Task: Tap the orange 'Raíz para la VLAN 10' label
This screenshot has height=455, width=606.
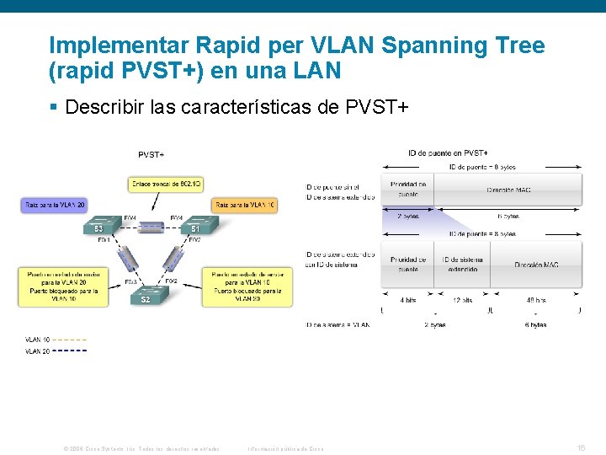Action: click(246, 204)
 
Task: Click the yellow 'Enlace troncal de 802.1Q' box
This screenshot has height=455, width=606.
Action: click(166, 183)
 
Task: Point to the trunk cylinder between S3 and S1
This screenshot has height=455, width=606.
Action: click(151, 227)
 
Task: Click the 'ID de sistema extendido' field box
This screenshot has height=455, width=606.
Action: click(461, 265)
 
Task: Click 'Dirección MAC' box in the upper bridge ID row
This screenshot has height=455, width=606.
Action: click(508, 190)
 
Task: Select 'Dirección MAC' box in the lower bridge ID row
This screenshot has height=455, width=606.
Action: click(536, 265)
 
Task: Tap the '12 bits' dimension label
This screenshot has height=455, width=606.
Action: click(461, 299)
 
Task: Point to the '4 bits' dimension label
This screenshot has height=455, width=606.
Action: click(408, 299)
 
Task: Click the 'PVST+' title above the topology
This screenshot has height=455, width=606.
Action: click(151, 154)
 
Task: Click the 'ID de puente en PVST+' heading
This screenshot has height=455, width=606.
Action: click(448, 153)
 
